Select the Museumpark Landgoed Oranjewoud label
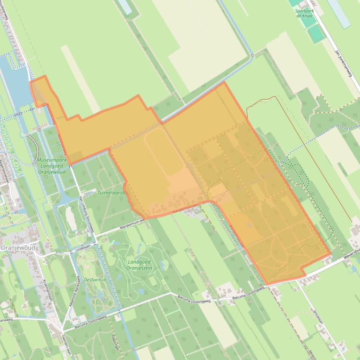point(51,166)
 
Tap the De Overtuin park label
point(95,280)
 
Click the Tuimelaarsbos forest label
point(113,193)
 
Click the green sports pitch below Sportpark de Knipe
point(316,33)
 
